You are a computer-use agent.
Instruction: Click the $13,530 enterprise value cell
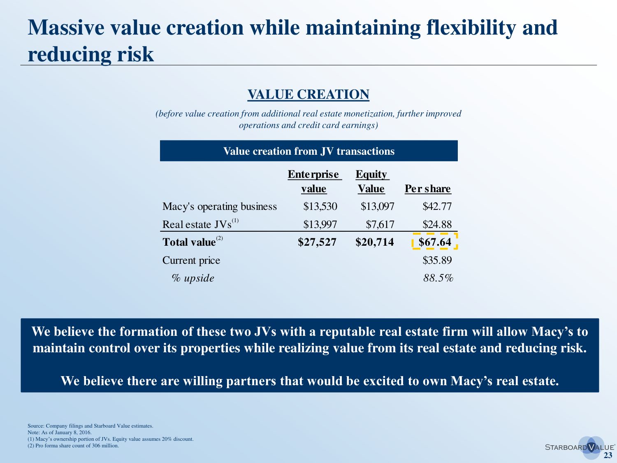coord(320,207)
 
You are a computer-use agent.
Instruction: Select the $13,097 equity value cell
coord(377,207)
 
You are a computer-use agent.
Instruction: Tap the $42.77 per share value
coord(437,207)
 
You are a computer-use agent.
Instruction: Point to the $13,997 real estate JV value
coord(320,224)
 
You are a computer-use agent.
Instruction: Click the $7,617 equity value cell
coord(380,224)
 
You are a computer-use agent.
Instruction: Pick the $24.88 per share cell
coord(437,224)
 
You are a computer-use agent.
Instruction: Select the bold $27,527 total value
coord(317,242)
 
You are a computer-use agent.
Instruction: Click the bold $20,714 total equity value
coord(374,242)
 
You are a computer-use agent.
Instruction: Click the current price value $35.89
coord(437,261)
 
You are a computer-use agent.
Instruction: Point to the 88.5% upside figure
coord(438,278)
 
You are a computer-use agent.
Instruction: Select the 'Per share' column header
coord(427,188)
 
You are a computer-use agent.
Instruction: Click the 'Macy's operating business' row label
coord(220,207)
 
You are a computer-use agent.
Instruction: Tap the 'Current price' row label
coord(191,261)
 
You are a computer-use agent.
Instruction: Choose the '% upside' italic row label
coord(193,278)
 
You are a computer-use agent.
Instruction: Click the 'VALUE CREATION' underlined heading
coord(308,95)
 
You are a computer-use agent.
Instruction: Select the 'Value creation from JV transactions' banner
coord(308,151)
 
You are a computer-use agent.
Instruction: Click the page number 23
coord(608,456)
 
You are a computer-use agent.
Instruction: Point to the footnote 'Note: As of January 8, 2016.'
coord(60,433)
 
